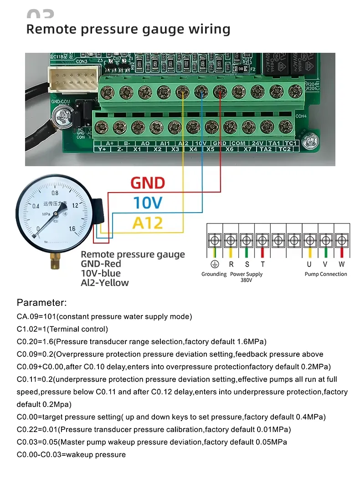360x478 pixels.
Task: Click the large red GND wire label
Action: click(x=147, y=183)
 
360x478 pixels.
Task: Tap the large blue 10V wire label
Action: click(x=148, y=203)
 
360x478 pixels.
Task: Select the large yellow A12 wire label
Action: click(x=148, y=223)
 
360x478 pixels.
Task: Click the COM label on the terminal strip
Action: click(x=238, y=143)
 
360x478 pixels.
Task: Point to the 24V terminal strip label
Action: click(x=257, y=143)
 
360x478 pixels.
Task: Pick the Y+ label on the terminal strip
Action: click(x=102, y=149)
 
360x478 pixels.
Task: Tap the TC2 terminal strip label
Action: click(x=285, y=149)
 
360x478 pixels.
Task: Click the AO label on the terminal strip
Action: click(x=145, y=143)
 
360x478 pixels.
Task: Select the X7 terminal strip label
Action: click(x=247, y=149)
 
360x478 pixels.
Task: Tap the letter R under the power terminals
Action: click(x=231, y=264)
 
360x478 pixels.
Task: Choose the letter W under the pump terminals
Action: click(x=341, y=264)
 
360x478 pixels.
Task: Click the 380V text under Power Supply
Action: click(x=246, y=280)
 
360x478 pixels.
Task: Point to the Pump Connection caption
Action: click(x=325, y=274)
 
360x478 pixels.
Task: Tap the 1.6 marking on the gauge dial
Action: click(x=72, y=229)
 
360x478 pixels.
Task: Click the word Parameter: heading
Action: click(x=42, y=303)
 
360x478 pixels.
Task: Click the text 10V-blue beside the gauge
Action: click(x=101, y=273)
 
